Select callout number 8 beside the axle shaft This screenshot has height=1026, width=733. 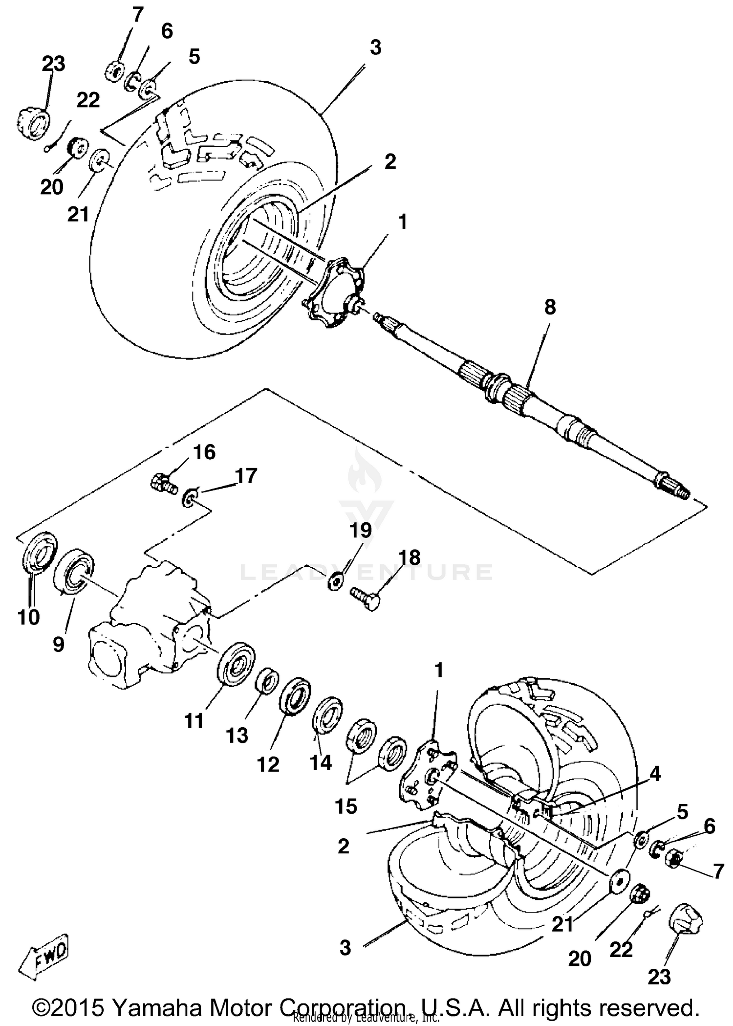550,308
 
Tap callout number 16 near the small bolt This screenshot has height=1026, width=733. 204,452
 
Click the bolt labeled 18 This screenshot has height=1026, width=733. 366,598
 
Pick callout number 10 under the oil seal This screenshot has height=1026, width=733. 28,617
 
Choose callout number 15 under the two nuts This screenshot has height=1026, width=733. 346,806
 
